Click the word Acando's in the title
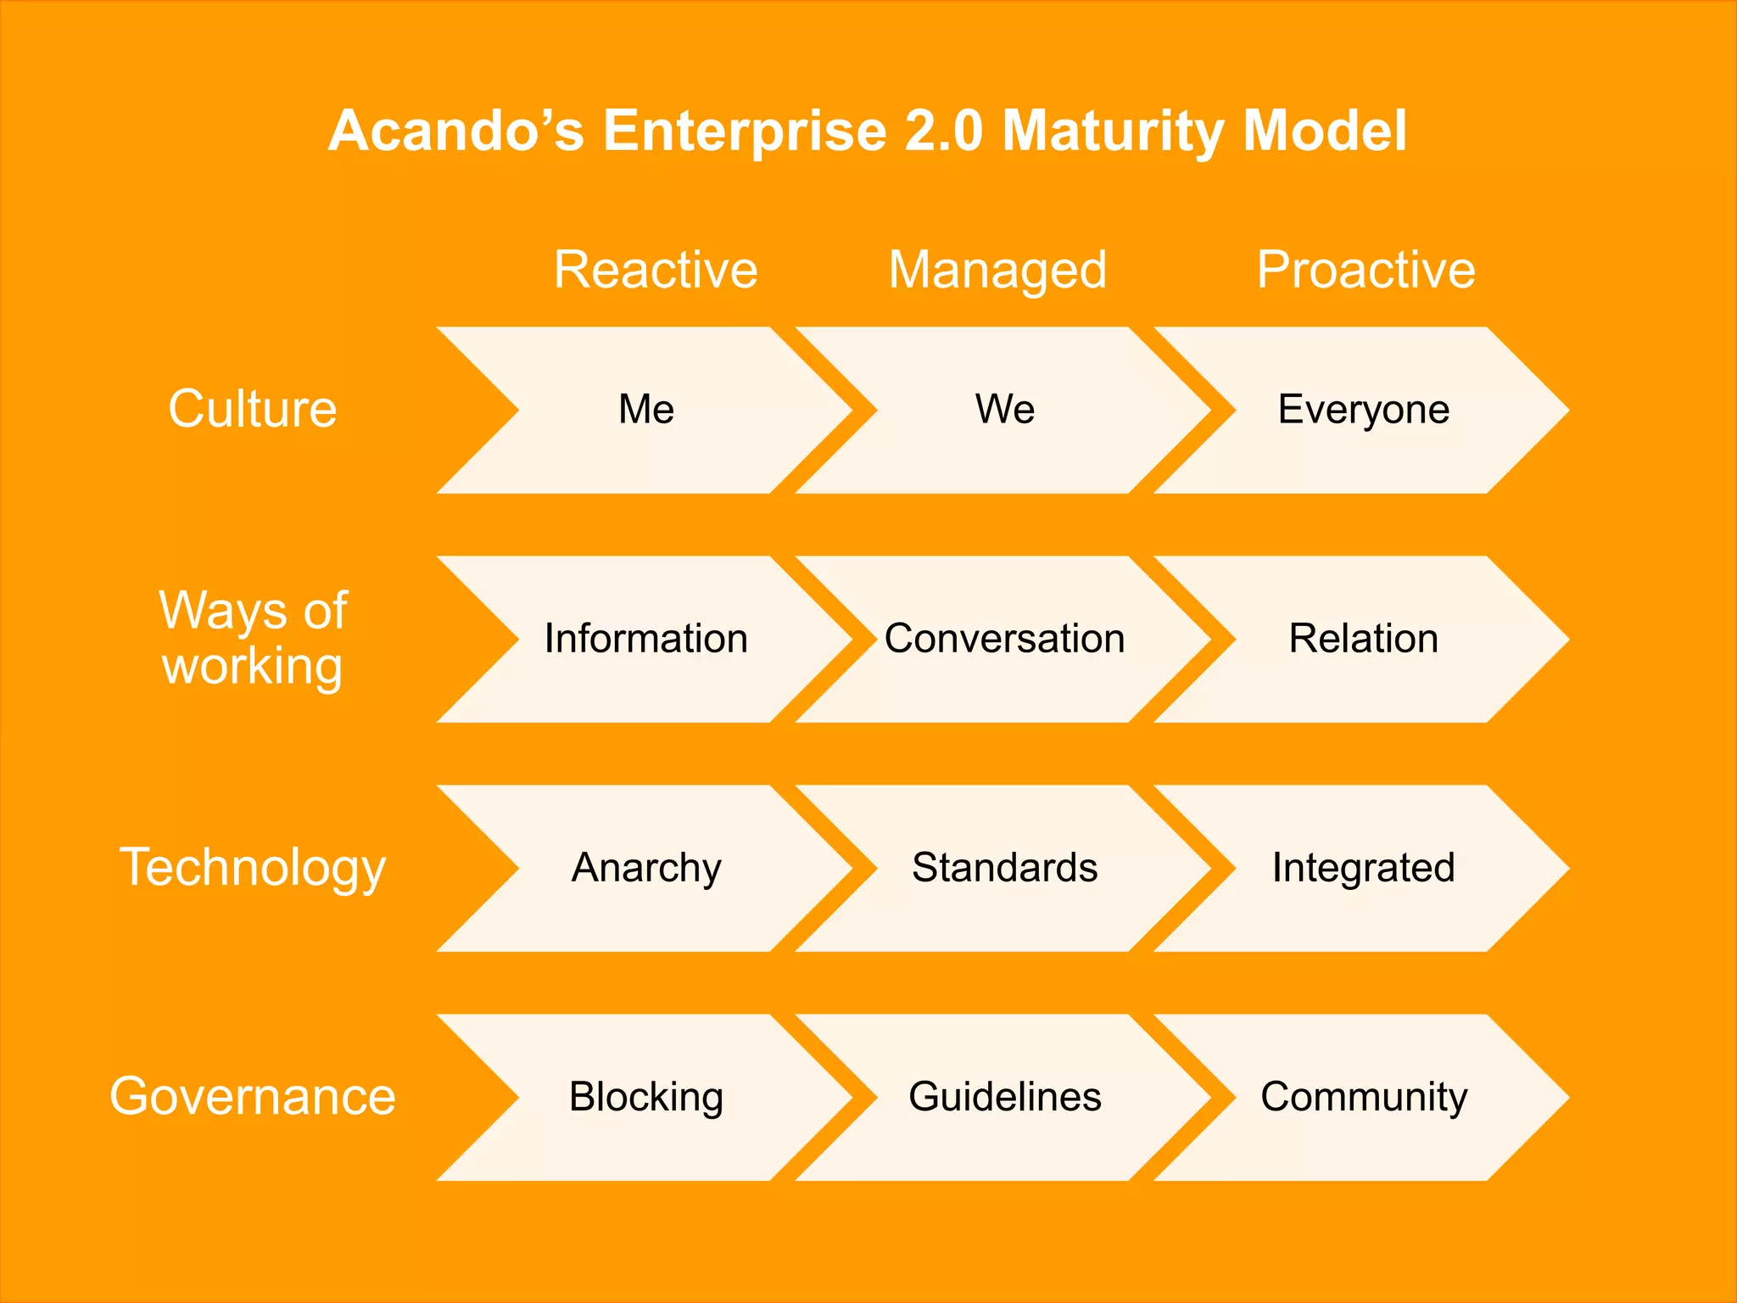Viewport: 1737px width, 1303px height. [455, 131]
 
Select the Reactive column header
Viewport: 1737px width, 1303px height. [656, 270]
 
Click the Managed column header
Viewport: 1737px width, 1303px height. [997, 271]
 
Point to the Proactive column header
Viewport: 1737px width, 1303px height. [1366, 270]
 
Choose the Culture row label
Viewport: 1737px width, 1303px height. [253, 409]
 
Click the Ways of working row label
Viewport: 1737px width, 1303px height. [253, 637]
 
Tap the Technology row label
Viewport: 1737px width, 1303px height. [253, 868]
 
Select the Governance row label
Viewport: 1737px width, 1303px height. [253, 1096]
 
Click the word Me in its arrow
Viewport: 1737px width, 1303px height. [646, 410]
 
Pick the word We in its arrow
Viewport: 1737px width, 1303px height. [1005, 410]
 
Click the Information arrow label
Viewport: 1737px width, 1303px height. [646, 639]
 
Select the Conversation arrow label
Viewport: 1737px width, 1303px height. [1005, 639]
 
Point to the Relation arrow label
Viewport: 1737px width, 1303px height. [1363, 639]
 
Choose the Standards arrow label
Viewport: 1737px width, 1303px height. [1005, 868]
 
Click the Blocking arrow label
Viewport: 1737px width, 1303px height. [646, 1097]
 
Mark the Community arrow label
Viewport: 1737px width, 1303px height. [1363, 1097]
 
